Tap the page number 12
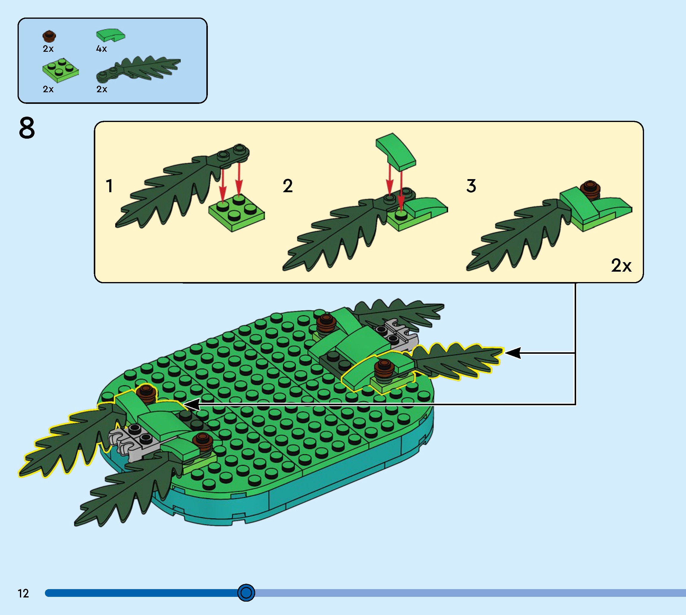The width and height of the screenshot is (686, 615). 23,593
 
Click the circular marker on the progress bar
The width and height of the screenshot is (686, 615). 246,593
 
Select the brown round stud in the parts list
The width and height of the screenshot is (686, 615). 49,36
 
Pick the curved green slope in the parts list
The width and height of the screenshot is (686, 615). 110,35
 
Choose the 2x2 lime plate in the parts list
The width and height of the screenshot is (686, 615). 61,70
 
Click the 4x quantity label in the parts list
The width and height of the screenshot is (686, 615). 102,49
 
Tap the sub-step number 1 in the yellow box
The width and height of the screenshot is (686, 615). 109,186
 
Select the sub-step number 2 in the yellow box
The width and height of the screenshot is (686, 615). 288,186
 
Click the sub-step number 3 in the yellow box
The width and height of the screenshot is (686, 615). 471,186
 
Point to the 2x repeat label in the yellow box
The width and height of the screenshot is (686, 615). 621,266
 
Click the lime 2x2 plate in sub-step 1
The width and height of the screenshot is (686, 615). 237,213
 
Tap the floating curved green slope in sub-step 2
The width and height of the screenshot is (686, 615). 396,152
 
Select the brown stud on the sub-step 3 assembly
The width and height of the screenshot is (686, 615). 590,190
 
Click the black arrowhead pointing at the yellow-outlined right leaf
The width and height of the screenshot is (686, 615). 512,353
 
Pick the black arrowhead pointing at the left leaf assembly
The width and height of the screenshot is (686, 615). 192,404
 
